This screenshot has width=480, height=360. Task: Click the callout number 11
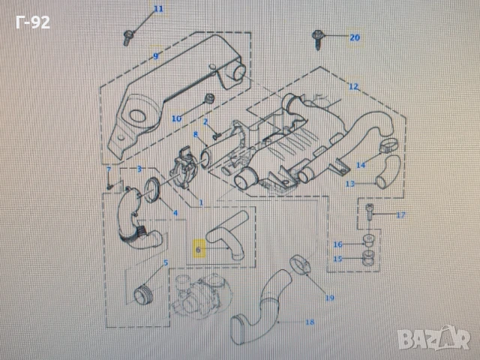click(157, 9)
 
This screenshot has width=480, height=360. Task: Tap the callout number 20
click(355, 37)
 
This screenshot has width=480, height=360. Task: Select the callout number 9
click(155, 57)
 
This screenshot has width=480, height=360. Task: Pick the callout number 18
click(310, 322)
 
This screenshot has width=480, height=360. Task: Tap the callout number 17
click(400, 215)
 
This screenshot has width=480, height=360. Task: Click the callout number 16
click(337, 244)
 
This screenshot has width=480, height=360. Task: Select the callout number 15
click(337, 259)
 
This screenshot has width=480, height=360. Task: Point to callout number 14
click(361, 164)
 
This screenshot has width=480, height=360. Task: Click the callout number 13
click(350, 183)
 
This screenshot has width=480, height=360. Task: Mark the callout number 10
click(176, 118)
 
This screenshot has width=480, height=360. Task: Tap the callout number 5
click(166, 262)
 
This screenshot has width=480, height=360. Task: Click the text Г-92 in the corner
click(32, 22)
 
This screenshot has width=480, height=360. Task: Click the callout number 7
click(109, 170)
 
